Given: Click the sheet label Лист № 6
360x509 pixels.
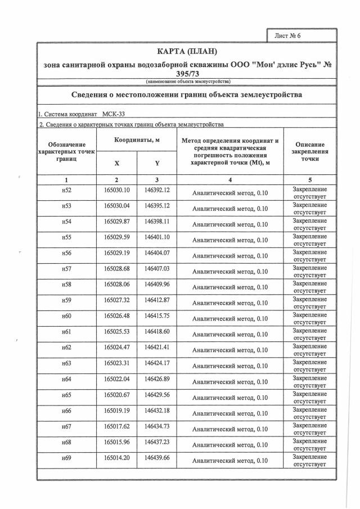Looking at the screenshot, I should pos(288,35).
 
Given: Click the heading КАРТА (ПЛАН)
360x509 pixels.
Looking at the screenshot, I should pos(186,52).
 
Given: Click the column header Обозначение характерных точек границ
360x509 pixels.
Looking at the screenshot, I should pos(66,151).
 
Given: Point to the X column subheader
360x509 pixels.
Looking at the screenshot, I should pos(116,163).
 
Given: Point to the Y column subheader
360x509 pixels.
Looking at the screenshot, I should pos(157,163).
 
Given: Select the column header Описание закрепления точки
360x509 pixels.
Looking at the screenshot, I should pos(309,151).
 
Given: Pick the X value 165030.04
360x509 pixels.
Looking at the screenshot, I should pos(116,206).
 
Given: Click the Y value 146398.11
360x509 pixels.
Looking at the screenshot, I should pos(157,222).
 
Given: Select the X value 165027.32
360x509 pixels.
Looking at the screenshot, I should pos(116,300).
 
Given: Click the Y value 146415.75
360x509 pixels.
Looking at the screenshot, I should pos(157,316).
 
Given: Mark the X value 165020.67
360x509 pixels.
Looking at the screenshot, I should pos(116,395).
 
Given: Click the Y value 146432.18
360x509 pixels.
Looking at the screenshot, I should pos(157,411).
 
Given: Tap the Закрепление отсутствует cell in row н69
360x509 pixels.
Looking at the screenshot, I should pos(309,461).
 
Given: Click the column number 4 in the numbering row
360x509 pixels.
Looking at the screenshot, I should pos(230,180).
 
